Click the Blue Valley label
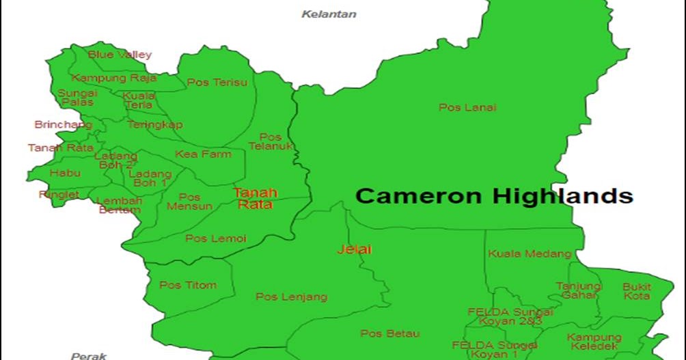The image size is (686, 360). pos(120,55)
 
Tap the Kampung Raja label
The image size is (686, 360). pos(114,78)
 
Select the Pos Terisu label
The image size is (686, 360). pos(217,82)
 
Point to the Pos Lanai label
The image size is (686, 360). pos(467,107)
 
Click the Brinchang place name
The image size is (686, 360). pos(63,125)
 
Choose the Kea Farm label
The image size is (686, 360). pos(203,154)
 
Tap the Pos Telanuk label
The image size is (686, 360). pos(271,141)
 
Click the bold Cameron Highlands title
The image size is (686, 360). pos(494,196)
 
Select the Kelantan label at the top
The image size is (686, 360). pos(329,14)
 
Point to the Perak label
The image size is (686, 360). pos(89,355)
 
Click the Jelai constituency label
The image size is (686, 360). pos(354,249)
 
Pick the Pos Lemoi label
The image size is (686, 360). pos(215,238)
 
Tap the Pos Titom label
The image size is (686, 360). pos(188,285)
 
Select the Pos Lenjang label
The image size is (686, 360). pos(291,296)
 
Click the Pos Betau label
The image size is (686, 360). pos(389,333)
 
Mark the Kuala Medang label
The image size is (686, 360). pos(530,253)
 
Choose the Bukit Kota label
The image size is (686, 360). pos(637,291)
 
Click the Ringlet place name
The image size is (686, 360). pos(59,195)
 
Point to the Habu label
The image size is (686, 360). pos(65,173)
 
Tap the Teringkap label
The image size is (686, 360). pos(154,124)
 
